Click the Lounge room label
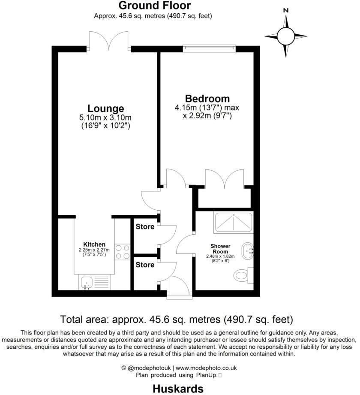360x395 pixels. pyautogui.click(x=105, y=109)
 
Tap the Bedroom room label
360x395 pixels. pyautogui.click(x=207, y=98)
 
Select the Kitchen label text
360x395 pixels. pyautogui.click(x=94, y=244)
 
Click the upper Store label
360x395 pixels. pyautogui.click(x=145, y=226)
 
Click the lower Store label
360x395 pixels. pyautogui.click(x=145, y=265)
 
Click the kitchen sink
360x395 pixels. pyautogui.click(x=87, y=282)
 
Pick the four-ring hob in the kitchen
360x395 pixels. pyautogui.click(x=123, y=252)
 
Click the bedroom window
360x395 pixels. pyautogui.click(x=209, y=47)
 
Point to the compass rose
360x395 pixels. pyautogui.click(x=285, y=36)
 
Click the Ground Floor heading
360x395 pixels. pyautogui.click(x=154, y=6)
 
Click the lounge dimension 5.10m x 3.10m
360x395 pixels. pyautogui.click(x=106, y=118)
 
